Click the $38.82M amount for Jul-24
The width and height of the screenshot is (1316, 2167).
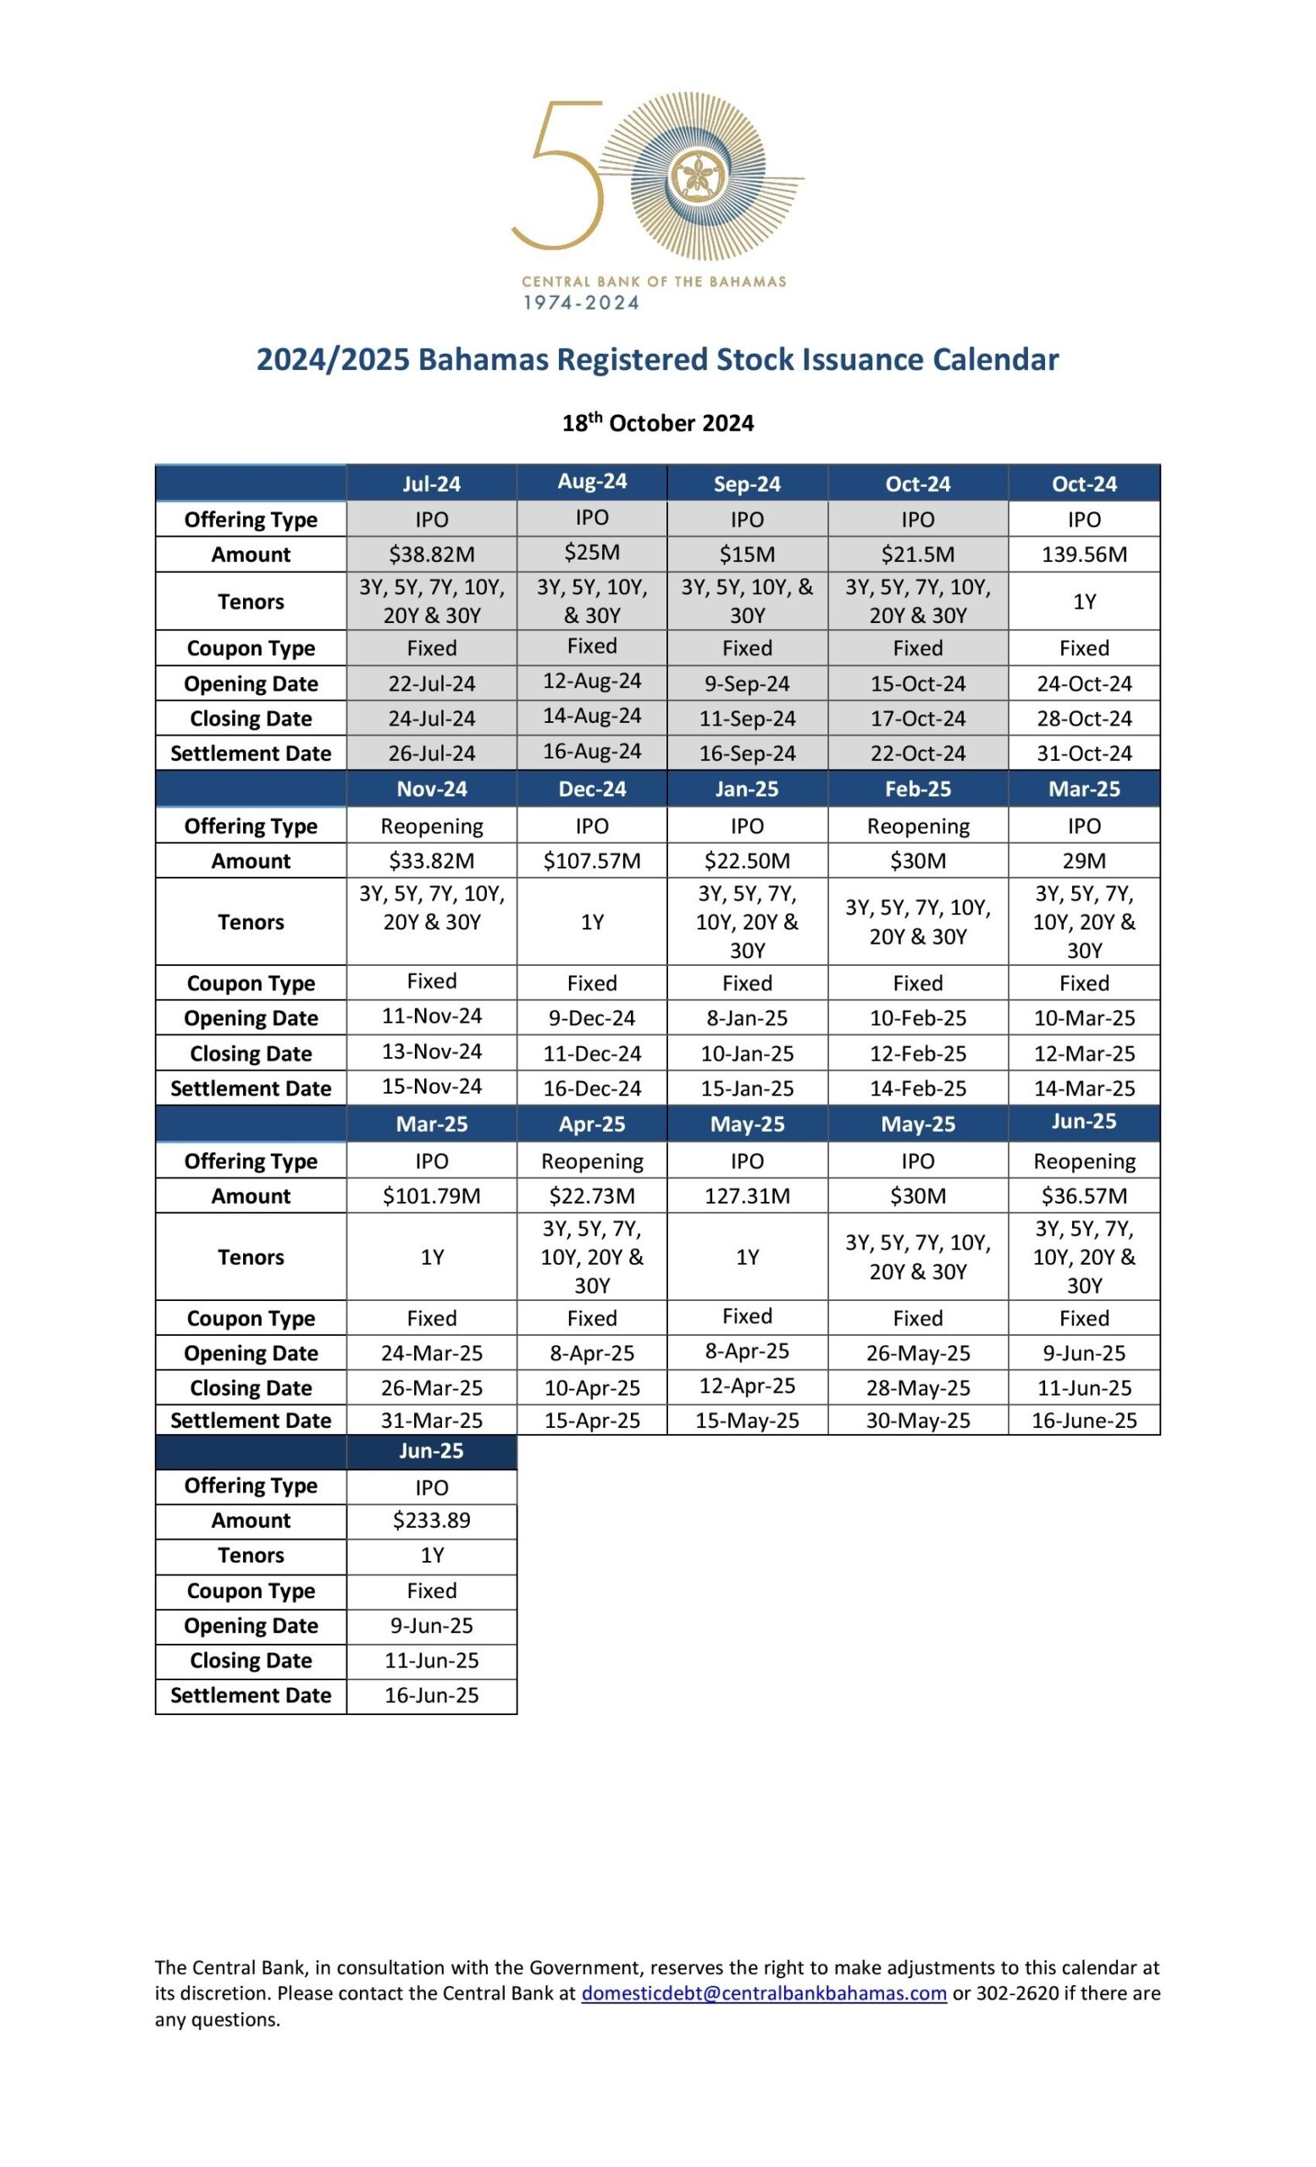click(431, 554)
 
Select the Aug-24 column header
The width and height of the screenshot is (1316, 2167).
click(592, 481)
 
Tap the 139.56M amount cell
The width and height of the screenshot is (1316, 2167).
click(1084, 554)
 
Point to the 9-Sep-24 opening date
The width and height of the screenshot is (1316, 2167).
click(747, 683)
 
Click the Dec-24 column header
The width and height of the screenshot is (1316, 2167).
click(592, 789)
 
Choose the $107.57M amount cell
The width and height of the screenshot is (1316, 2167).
click(592, 860)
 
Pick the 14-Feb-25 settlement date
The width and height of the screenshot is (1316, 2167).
click(917, 1088)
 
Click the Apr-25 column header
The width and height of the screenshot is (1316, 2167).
click(592, 1124)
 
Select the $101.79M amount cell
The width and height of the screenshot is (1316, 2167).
click(431, 1195)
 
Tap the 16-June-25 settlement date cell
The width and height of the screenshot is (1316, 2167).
click(1084, 1420)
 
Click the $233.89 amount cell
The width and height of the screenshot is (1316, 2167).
click(431, 1519)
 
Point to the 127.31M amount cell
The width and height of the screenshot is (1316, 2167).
click(747, 1195)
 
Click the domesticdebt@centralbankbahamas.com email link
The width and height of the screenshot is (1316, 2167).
click(764, 1993)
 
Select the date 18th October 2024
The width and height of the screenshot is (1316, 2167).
click(658, 423)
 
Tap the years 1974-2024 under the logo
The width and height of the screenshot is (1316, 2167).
click(581, 303)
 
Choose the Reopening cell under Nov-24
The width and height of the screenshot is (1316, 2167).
click(431, 826)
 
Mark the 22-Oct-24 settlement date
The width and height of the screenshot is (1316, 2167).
click(917, 753)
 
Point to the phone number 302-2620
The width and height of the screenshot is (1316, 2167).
click(1017, 1993)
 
